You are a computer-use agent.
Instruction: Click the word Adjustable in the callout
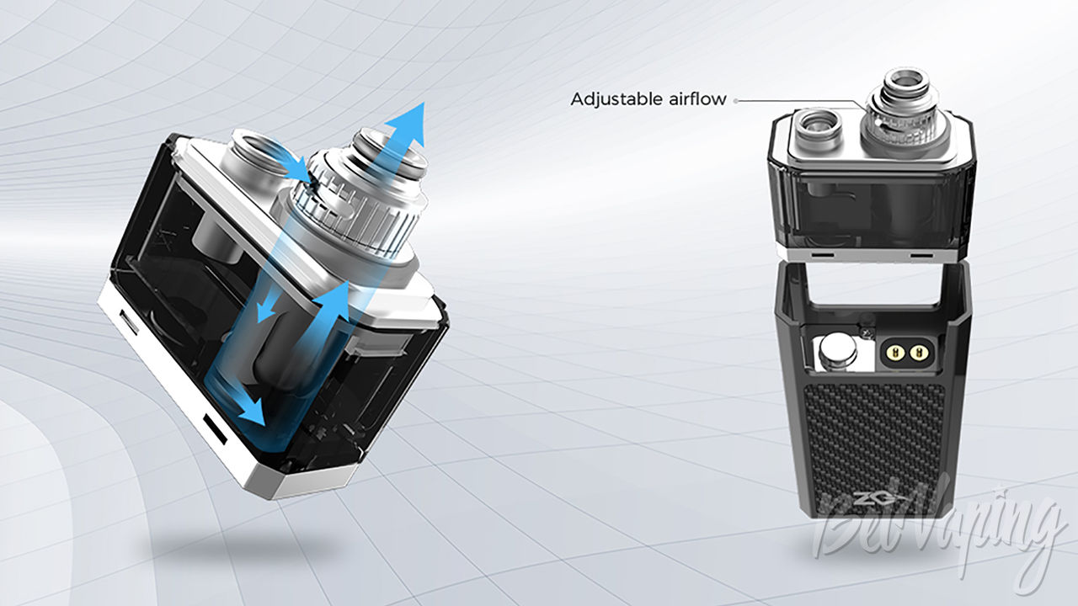[616, 99]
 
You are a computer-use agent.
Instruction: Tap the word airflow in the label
[698, 98]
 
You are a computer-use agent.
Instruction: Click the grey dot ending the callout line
[735, 101]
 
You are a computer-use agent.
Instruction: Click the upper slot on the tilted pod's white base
[128, 321]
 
